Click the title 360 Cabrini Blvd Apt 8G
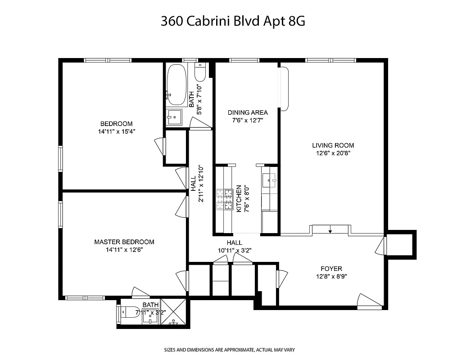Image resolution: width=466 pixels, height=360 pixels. click(x=233, y=22)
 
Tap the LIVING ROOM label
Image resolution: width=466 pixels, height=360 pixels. click(x=333, y=145)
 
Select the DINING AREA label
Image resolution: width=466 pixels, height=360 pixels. click(x=248, y=112)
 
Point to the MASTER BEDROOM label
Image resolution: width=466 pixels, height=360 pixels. click(x=124, y=242)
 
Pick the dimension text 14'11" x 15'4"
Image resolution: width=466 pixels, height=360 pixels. click(x=117, y=131)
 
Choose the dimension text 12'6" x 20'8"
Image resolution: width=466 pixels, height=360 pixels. click(x=333, y=153)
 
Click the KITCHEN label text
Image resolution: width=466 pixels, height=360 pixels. click(x=240, y=198)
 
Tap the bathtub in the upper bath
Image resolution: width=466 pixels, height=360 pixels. click(x=176, y=84)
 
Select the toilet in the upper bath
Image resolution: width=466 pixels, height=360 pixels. click(x=200, y=72)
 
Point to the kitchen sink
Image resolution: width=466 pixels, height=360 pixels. click(x=271, y=180)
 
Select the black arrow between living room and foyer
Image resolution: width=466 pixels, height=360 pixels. click(x=330, y=231)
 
